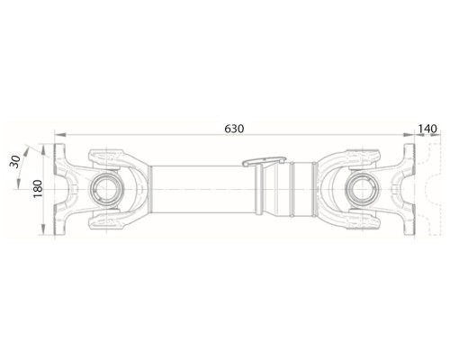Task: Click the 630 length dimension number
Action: point(234,129)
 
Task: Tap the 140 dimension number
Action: point(427,129)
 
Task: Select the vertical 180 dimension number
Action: point(38,189)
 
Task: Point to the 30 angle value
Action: point(14,162)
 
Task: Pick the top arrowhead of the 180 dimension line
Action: point(43,149)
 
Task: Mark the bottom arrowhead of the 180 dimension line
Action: point(43,229)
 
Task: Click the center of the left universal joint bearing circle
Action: point(106,190)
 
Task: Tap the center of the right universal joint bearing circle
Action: point(363,190)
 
